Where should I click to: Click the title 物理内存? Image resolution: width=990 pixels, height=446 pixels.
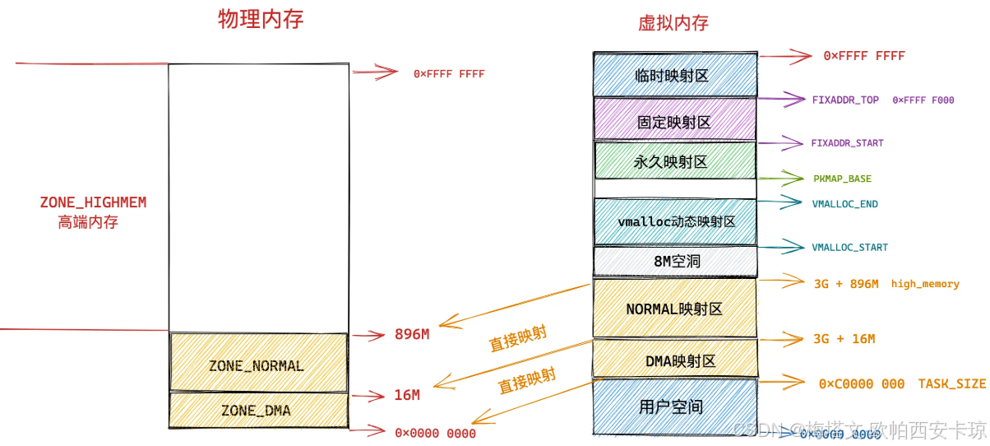coord(261,20)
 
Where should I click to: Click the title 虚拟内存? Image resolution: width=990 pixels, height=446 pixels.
coord(673,23)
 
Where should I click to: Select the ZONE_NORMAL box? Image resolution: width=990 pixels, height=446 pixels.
coord(257,365)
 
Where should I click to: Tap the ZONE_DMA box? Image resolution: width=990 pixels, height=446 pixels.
coord(257,409)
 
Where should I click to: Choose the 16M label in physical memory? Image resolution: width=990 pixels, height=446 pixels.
coord(407,395)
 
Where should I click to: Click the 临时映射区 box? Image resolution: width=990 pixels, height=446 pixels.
coord(674,75)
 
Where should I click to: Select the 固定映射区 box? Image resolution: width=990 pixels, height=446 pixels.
coord(674,121)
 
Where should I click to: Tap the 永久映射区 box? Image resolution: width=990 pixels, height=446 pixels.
coord(674,161)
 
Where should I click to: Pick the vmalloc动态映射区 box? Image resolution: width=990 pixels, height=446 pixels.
coord(674,221)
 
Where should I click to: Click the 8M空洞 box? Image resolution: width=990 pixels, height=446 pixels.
coord(674,262)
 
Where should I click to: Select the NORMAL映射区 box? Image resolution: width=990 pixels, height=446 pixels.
coord(674,309)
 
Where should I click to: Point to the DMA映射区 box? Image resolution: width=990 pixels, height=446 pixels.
coord(674,360)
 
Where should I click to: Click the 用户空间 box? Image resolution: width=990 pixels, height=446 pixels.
coord(674,407)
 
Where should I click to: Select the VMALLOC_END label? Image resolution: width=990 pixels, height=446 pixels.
coord(844,204)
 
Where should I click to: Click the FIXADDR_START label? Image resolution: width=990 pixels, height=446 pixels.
coord(847,143)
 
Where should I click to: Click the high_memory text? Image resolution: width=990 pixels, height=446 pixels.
coord(925,284)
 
